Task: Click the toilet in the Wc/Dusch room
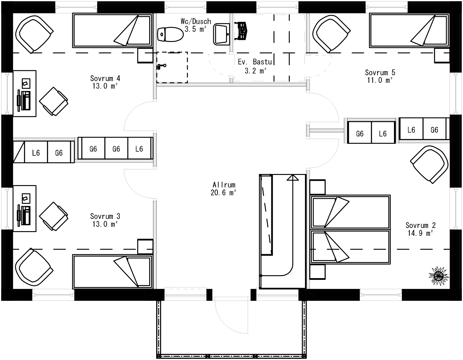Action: tap(170, 34)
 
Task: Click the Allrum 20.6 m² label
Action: tap(223, 189)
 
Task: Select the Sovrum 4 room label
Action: tap(105, 82)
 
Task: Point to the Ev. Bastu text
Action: tap(255, 62)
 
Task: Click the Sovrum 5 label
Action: tap(380, 76)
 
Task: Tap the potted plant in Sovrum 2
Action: tap(438, 274)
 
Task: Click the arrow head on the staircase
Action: tap(293, 178)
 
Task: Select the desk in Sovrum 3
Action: tap(24, 208)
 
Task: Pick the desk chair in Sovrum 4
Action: tap(54, 101)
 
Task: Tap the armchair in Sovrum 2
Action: tap(429, 164)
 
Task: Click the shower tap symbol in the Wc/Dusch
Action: tap(161, 66)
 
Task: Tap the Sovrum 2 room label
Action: tap(420, 229)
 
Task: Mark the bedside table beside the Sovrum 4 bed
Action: tap(145, 55)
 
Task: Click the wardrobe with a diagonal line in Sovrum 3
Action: tap(19, 152)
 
